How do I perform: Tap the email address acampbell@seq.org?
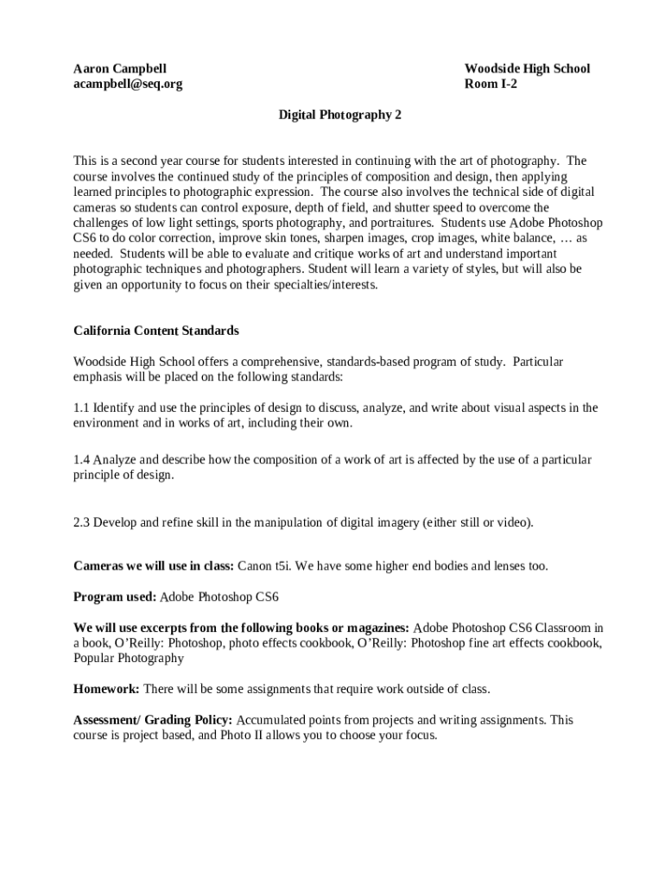coord(128,84)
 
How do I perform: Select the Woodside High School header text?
coord(527,68)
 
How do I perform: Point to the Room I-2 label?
coord(491,84)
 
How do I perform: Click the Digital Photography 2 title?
coord(339,114)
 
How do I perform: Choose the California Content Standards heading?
coord(156,331)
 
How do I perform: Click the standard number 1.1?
coord(81,407)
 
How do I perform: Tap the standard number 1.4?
coord(81,460)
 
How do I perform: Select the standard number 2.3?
coord(81,522)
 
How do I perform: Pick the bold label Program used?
coord(115,597)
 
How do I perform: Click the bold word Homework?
coord(106,689)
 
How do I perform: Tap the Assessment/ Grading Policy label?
coord(153,720)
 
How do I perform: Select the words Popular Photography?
coord(129,658)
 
